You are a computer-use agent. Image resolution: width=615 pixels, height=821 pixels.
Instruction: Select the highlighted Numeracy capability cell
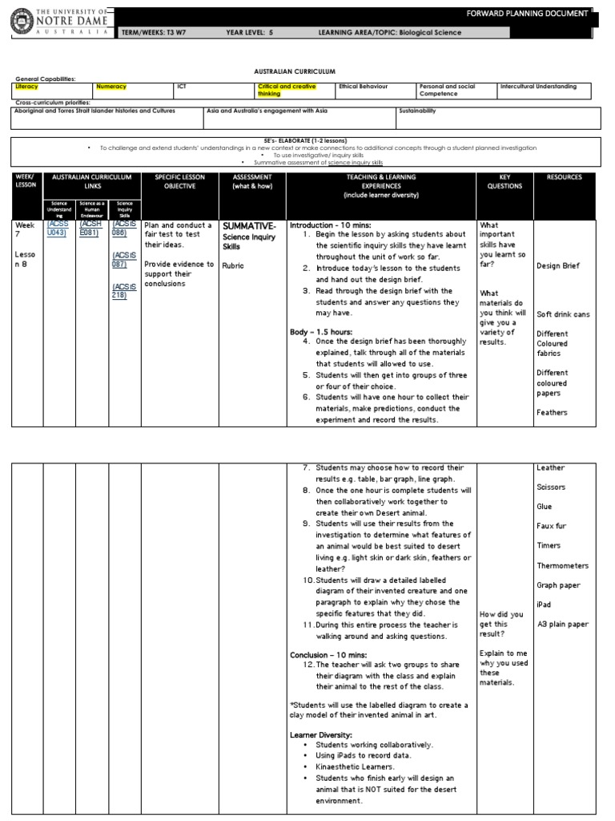point(111,87)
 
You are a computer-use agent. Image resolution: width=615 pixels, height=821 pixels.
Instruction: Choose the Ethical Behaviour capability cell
point(360,87)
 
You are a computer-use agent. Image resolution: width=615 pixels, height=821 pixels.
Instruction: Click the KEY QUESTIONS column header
point(504,181)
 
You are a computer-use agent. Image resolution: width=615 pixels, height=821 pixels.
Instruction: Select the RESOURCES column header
point(565,177)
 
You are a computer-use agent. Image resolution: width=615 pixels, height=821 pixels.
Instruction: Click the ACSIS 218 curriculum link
point(124,290)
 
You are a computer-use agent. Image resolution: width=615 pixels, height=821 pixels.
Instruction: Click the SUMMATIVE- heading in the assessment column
point(249,226)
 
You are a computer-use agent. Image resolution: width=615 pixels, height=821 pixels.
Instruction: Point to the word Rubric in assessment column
point(234,266)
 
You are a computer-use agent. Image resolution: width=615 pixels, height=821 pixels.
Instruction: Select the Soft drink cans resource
point(563,314)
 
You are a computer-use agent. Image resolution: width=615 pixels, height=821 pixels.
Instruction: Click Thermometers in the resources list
point(562,565)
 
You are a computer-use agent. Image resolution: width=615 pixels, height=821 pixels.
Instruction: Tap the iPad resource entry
point(544,605)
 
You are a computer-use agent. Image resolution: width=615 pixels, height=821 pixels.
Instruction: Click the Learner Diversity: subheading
point(320,734)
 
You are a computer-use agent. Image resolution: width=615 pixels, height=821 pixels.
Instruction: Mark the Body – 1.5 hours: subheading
point(324,331)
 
